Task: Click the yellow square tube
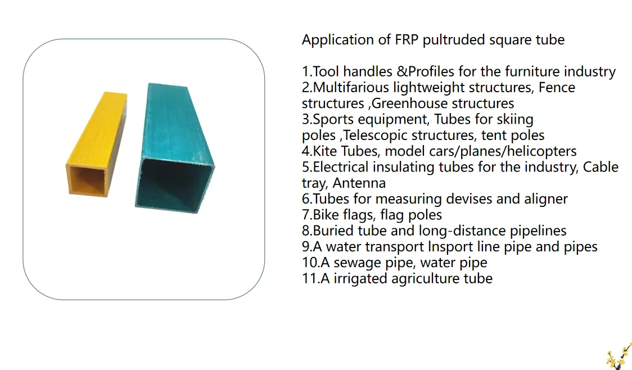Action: point(96,141)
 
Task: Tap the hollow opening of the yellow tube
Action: point(87,181)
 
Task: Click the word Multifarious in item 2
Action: point(351,88)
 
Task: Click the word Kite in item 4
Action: point(326,151)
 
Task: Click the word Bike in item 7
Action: point(326,215)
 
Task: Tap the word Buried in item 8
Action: point(333,231)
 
